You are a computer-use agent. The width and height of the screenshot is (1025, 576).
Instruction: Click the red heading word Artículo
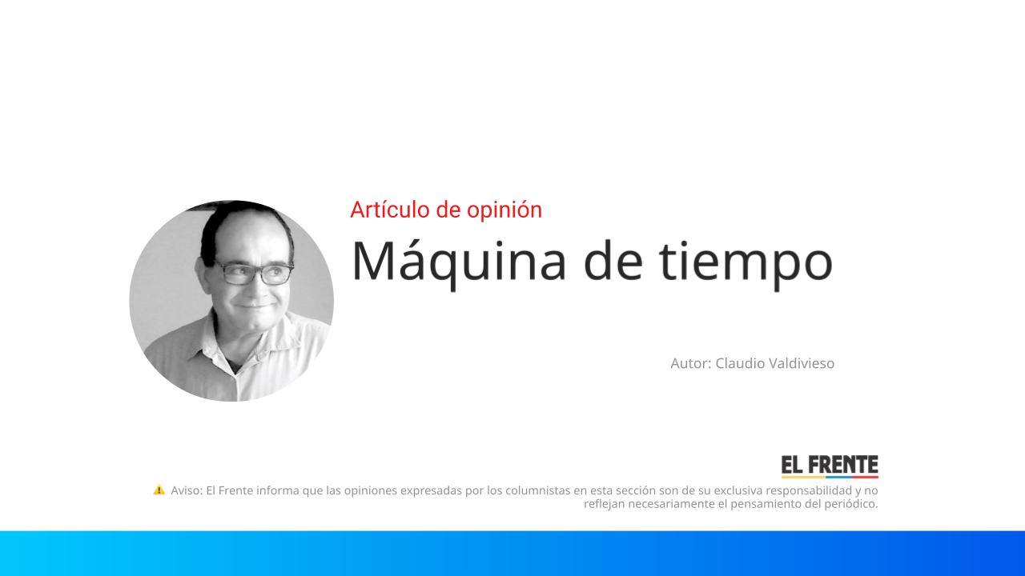coord(389,210)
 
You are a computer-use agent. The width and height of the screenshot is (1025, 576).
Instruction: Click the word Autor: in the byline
coord(690,363)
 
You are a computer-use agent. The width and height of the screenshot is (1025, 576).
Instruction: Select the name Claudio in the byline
coord(739,363)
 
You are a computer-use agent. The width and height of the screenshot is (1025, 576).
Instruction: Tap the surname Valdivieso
coord(801,363)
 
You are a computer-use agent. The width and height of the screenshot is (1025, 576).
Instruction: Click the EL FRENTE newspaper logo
coord(830,465)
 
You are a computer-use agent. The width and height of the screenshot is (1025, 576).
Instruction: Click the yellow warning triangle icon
coord(159,490)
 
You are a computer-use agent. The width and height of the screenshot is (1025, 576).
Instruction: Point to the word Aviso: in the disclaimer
coord(187,490)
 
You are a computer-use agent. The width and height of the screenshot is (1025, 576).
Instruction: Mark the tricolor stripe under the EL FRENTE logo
coord(830,477)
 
